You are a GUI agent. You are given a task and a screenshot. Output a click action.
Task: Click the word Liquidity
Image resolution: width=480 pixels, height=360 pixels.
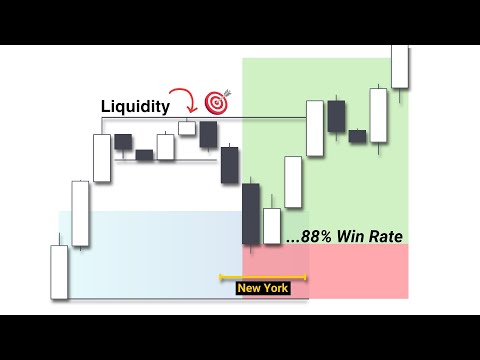135,104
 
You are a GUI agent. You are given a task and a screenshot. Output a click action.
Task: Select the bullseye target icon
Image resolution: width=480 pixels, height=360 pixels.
216,102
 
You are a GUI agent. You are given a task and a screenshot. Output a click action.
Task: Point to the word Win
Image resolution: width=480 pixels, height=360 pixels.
351,237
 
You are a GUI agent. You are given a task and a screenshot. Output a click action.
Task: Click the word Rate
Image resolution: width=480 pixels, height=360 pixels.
386,237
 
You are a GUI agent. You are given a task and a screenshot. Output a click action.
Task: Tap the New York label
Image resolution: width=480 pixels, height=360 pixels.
262,288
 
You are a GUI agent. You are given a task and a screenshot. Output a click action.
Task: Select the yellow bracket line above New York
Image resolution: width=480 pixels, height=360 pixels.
263,275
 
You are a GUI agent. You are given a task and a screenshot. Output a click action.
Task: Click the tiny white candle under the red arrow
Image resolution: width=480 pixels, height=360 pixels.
187,127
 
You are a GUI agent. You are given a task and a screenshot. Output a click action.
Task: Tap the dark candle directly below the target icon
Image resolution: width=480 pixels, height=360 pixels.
208,133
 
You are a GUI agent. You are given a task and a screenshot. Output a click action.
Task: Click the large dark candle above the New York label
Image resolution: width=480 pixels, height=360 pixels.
251,213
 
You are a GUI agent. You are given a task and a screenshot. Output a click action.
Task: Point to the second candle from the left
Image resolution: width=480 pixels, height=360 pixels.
80,213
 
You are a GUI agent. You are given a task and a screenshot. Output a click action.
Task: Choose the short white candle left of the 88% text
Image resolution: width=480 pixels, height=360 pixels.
272,225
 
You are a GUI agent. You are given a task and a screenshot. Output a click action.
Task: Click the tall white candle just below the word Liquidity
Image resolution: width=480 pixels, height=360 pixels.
102,158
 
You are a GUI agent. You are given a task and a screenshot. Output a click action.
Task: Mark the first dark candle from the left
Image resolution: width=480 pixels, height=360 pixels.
123,142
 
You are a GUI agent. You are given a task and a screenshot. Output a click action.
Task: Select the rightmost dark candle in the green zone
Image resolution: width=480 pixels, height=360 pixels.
357,136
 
